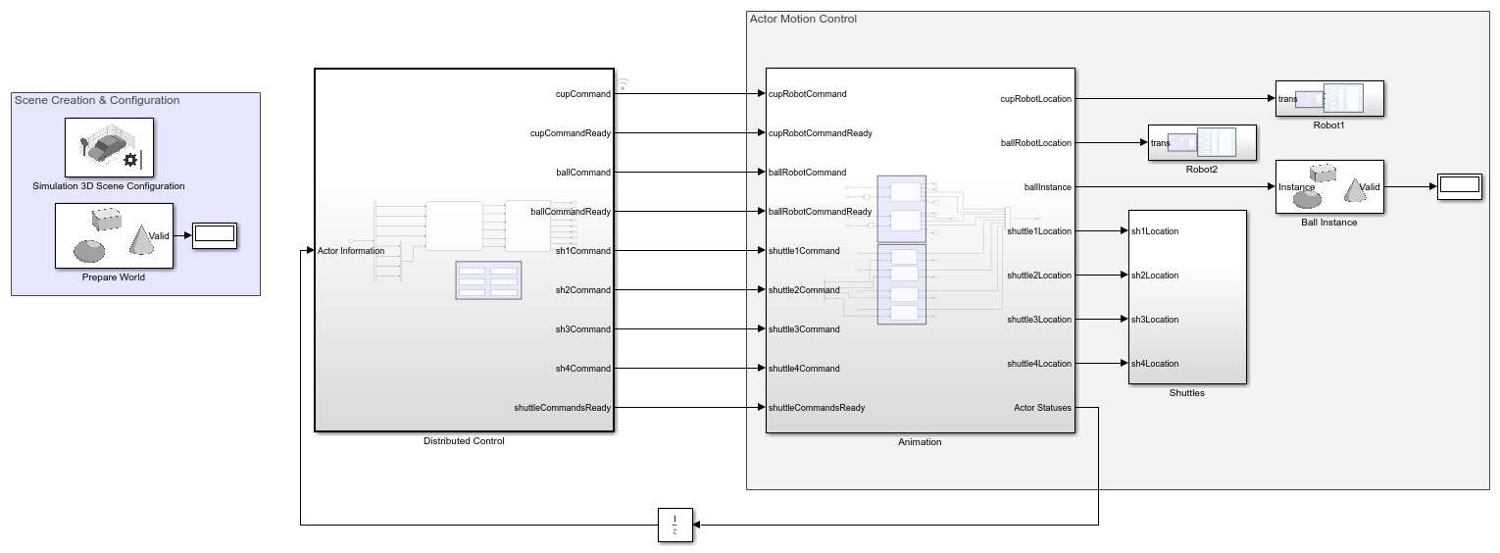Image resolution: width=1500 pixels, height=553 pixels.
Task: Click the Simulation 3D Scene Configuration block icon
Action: tap(108, 147)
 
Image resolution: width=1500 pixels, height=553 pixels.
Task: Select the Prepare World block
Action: tap(114, 235)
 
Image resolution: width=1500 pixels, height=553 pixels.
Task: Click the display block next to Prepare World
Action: tap(214, 235)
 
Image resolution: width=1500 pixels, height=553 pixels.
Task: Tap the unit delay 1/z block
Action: tap(675, 525)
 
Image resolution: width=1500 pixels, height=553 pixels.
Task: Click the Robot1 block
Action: tap(1328, 98)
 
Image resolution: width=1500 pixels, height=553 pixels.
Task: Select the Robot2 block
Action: tap(1202, 142)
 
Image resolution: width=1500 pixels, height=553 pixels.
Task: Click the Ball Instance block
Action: tap(1328, 186)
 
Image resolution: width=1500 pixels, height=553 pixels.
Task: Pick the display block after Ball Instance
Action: tap(1459, 186)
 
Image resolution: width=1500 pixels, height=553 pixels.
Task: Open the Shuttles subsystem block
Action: tap(1187, 296)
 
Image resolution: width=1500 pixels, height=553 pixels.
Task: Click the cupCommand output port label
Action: tap(582, 94)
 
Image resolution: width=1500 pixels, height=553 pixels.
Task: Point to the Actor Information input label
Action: tap(351, 251)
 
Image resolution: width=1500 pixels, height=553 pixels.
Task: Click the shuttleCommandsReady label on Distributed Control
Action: tap(562, 408)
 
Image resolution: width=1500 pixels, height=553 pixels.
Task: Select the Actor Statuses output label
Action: tap(1042, 408)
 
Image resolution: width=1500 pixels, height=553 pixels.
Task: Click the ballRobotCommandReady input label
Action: tap(820, 212)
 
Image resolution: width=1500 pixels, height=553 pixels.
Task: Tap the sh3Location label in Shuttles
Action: tap(1155, 320)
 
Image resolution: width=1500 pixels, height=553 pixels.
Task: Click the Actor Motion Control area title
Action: tap(802, 19)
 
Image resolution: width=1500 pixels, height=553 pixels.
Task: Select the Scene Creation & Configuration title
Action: tap(97, 100)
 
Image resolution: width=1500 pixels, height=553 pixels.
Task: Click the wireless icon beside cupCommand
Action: tap(622, 85)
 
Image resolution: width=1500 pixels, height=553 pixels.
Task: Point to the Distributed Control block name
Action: tap(464, 441)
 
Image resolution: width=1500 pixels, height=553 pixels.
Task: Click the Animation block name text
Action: tap(920, 442)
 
